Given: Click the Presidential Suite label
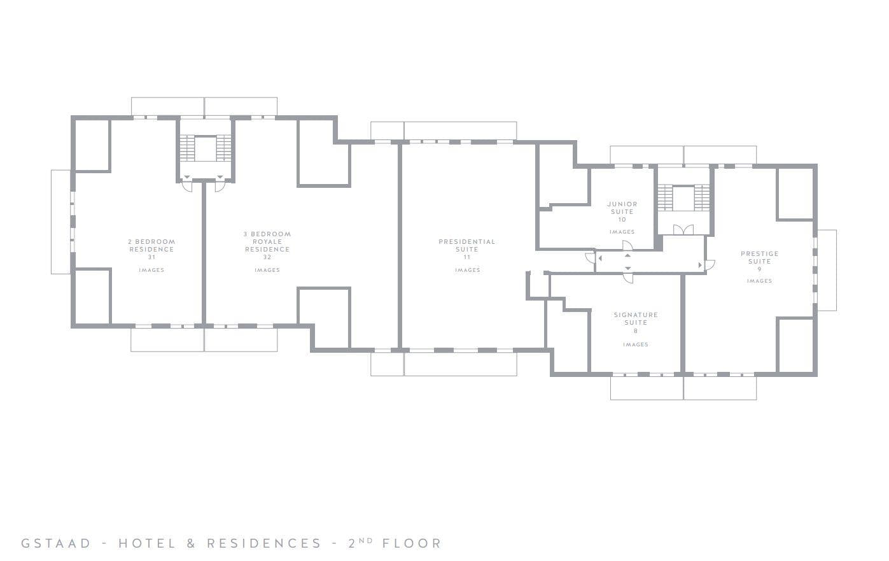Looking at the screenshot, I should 466,245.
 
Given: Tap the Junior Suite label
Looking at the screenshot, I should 622,208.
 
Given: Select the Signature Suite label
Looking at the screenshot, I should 635,318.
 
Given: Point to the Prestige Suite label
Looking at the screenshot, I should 759,257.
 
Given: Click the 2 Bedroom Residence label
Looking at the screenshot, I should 151,245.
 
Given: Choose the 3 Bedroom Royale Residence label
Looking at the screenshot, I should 267,241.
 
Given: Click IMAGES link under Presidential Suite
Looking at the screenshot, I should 467,270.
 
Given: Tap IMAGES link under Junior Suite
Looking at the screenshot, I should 622,232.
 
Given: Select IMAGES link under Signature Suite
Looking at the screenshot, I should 635,344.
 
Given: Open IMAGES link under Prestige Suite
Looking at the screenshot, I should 759,281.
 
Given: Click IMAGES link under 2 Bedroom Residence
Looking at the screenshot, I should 151,270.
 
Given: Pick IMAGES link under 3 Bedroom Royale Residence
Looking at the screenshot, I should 267,270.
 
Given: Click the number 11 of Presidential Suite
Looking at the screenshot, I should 467,257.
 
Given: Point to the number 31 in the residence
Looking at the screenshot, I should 151,257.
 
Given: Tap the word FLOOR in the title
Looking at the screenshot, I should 412,543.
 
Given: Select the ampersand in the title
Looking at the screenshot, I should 191,543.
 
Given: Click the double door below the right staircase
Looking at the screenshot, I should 683,229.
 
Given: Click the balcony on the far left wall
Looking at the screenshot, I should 60,222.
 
